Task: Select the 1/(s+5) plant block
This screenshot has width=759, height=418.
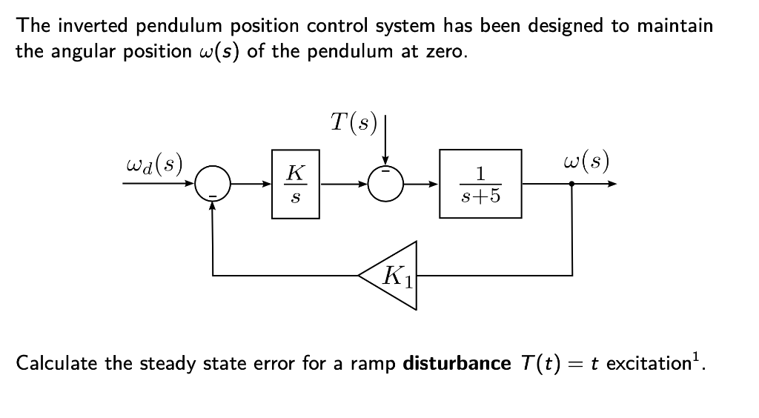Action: point(480,184)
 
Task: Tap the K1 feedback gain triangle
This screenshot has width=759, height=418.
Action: point(392,275)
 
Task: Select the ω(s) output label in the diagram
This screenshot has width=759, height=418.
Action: point(587,161)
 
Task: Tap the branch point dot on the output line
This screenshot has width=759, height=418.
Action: point(571,185)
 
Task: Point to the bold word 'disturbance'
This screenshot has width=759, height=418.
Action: point(456,365)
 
